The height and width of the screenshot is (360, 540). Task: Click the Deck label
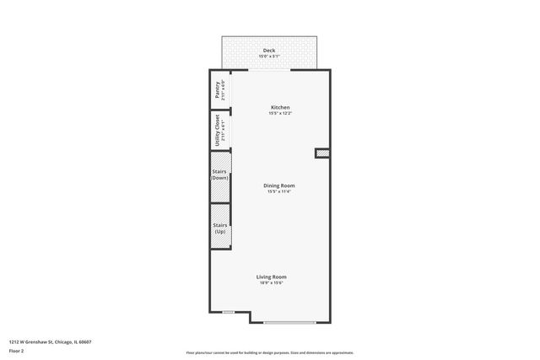coord(269,51)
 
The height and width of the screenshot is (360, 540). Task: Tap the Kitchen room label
coord(280,107)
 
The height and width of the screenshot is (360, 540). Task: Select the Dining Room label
coord(279,185)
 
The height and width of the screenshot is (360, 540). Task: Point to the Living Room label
coord(272,277)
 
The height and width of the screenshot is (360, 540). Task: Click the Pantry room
coord(219,89)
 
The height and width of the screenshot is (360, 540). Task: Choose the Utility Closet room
coord(219,130)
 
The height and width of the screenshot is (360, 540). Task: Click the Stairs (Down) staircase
coord(220,175)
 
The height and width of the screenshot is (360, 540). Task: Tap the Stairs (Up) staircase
coord(220,227)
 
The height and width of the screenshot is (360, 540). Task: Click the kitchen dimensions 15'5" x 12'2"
coord(280,114)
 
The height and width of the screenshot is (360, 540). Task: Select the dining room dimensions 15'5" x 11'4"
coord(279,191)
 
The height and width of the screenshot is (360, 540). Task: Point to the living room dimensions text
coord(272,283)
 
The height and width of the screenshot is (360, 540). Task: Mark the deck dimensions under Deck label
coord(269,56)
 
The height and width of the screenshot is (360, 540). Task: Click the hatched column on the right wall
coord(322,153)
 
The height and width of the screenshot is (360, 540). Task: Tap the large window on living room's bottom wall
coord(289,322)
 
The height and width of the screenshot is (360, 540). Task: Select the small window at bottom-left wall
coord(228,312)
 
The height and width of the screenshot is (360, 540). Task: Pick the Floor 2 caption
coord(16,350)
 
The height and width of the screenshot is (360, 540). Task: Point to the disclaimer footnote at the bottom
coord(269,352)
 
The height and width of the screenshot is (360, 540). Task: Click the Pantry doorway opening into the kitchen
coord(230,89)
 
